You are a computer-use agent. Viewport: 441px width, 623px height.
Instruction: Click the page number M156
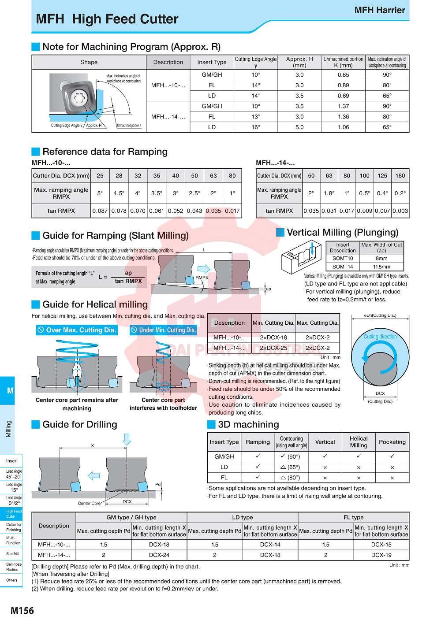tap(22, 610)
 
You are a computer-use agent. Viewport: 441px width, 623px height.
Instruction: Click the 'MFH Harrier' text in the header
tap(379, 10)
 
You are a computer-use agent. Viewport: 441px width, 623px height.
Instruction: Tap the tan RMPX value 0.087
tap(100, 211)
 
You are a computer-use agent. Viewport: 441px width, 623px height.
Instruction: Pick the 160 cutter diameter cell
tap(400, 175)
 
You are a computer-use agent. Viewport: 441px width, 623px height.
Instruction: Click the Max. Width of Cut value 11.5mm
tap(381, 267)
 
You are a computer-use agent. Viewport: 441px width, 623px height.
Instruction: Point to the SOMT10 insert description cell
tap(343, 258)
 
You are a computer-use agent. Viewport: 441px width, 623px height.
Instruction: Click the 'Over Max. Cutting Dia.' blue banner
tap(77, 330)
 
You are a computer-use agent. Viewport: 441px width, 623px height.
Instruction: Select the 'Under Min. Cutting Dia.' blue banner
tap(163, 330)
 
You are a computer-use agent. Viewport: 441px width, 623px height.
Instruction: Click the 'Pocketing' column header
tap(392, 442)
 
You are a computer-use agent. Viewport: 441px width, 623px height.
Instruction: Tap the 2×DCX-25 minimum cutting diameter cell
tap(273, 348)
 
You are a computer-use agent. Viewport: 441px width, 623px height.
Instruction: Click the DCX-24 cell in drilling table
tap(159, 555)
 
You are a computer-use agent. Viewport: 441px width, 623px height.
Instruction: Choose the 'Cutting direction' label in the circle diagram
tap(380, 337)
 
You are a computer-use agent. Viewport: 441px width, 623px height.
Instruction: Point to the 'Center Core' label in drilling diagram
tap(89, 503)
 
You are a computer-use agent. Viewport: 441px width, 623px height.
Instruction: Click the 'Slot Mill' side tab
tap(12, 553)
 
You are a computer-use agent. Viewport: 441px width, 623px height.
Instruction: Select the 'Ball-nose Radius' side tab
tap(14, 567)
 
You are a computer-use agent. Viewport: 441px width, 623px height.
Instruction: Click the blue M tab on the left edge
tap(10, 390)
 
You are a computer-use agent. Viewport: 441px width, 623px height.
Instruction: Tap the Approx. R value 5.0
tap(299, 127)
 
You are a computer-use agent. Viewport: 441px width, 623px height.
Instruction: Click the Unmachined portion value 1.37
tap(343, 106)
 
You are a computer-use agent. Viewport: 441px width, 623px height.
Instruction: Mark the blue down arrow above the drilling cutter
tap(127, 439)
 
